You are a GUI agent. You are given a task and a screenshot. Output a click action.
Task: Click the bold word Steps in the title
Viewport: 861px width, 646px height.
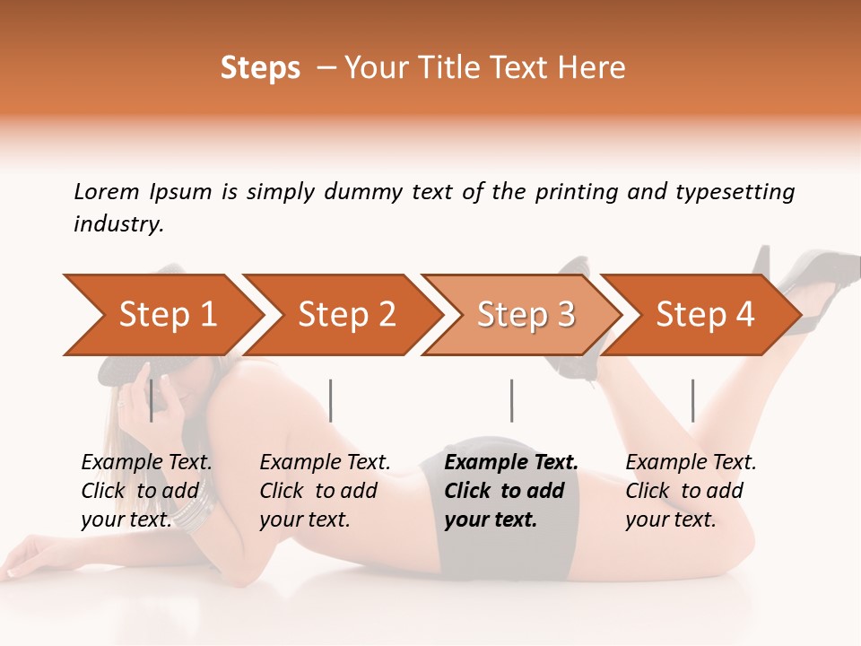pos(260,68)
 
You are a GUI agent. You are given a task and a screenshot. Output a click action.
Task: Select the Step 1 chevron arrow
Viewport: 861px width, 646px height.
pos(161,315)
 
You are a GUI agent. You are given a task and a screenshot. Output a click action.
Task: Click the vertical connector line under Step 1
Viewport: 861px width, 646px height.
pos(152,400)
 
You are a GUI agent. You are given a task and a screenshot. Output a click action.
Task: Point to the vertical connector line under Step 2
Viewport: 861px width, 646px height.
pos(331,400)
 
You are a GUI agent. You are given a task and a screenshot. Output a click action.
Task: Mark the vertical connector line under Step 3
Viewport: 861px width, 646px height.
pos(511,400)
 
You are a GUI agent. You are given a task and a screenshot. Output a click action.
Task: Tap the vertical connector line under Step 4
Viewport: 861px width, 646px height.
pos(692,400)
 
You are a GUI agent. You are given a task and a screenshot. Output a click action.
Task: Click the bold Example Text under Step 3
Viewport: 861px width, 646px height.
pos(511,463)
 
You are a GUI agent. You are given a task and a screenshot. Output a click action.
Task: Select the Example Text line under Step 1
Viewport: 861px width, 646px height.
pos(146,463)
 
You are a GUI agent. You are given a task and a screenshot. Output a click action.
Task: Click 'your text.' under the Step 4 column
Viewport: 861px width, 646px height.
pos(670,519)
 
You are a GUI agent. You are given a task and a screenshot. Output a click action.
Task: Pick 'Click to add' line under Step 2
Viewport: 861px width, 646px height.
pos(318,491)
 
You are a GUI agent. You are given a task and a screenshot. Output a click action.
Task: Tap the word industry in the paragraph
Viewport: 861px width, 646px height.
pos(117,224)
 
